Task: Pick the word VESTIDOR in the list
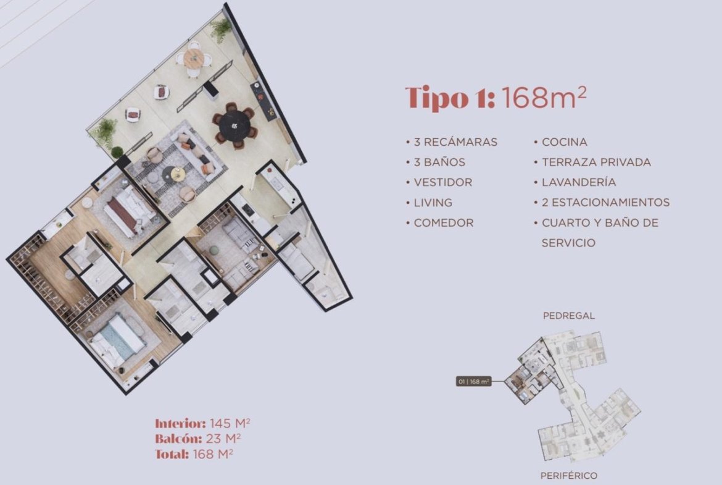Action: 443,182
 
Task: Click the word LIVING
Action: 433,203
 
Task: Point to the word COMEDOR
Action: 444,222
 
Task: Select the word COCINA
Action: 565,142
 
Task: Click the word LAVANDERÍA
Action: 579,182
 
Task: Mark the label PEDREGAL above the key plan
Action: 569,316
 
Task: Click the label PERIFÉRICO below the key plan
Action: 569,475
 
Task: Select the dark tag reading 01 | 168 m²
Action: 473,381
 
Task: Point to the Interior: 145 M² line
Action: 202,423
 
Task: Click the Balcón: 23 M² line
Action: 198,439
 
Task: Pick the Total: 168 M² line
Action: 194,453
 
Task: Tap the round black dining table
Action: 235,125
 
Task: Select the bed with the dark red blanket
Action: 128,212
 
